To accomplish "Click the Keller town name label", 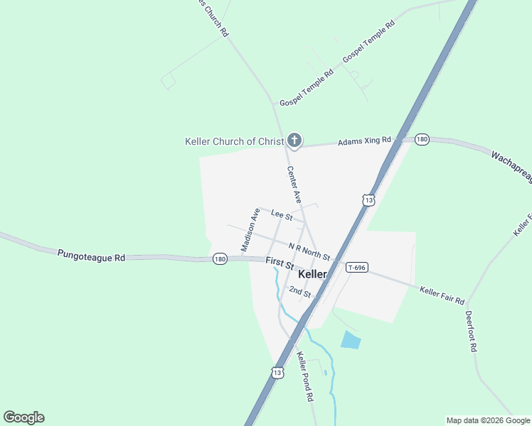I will [x=313, y=274].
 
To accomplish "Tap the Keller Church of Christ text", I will [x=234, y=141].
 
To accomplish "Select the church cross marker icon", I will [x=294, y=141].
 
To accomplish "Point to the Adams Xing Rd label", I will [x=365, y=141].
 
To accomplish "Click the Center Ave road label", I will [x=294, y=184].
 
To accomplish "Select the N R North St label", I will [x=309, y=251].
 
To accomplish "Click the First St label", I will [x=280, y=263].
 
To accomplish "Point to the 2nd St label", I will [x=300, y=293].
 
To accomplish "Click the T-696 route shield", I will [x=356, y=268].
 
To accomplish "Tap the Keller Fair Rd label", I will [x=442, y=291].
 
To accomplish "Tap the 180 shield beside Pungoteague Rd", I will [x=219, y=259].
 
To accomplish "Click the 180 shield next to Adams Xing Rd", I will [x=422, y=139].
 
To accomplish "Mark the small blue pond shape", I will [x=351, y=340].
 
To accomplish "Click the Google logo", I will [x=23, y=417].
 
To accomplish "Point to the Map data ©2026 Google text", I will [x=488, y=420].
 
